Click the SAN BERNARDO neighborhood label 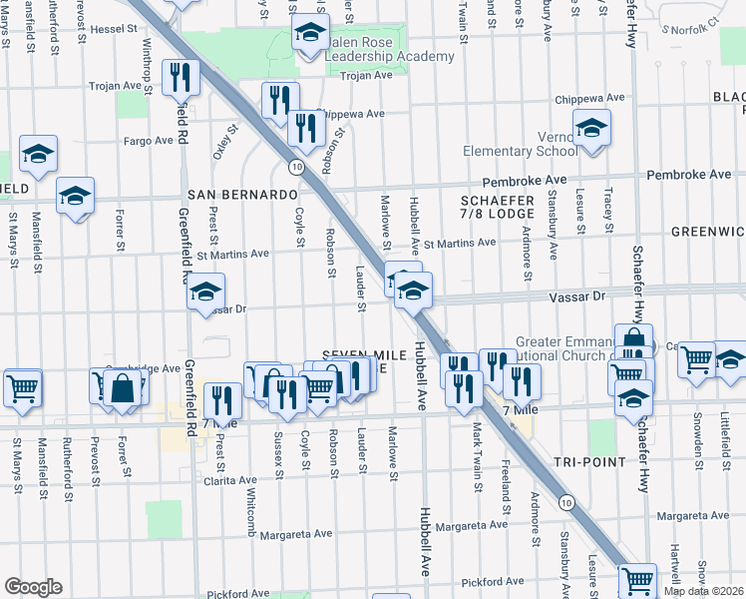tap(242, 194)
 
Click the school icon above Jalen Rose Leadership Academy tap(310, 33)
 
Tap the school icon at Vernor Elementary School tap(591, 129)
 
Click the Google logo tap(33, 587)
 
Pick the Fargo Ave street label tap(149, 141)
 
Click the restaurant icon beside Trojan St tap(181, 77)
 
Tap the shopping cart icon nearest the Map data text tap(637, 579)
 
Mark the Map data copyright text tap(704, 591)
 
